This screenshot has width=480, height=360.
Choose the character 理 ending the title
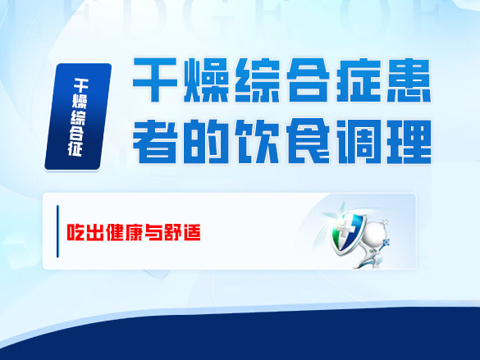coord(408,141)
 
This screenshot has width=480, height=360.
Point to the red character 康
coord(131,232)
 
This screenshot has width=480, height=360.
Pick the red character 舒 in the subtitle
coord(171,232)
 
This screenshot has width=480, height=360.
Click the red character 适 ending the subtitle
coord(190,232)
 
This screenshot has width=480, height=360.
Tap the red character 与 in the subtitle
coord(151,232)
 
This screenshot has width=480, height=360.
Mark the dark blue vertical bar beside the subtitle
coord(57,232)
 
